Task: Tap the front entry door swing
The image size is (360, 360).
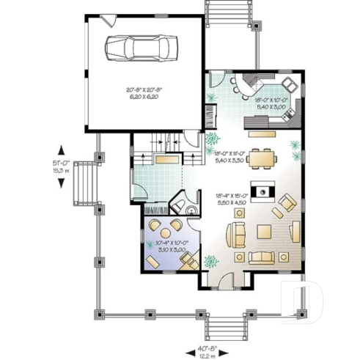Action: (x=229, y=280)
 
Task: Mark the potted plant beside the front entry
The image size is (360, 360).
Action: (x=211, y=260)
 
